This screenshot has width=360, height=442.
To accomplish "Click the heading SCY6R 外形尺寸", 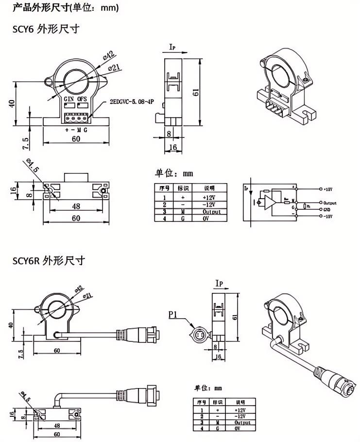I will point(49,261).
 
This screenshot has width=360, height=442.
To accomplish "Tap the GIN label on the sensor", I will point(69,99).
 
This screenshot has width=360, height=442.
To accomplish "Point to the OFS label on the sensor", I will point(83,99).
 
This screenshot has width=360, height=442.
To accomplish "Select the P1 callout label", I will point(174,315).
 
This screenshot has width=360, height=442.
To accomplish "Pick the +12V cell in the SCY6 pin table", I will point(208,198).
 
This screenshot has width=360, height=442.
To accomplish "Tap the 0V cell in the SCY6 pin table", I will point(208,219).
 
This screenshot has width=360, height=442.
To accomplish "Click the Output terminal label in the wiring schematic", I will point(330,203).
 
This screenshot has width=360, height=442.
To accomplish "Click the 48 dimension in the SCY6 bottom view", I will point(76,206).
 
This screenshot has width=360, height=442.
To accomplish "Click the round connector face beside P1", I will point(198,335).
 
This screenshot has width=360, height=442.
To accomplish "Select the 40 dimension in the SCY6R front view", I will point(11,325).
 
